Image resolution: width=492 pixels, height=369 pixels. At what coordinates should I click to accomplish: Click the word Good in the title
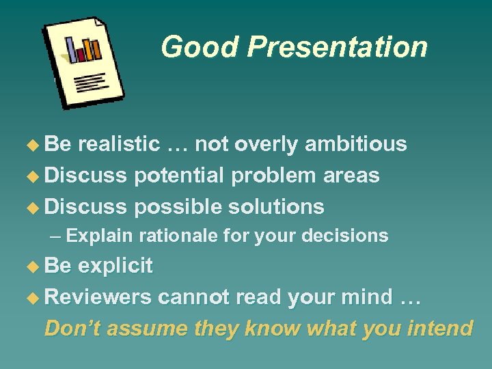point(200,47)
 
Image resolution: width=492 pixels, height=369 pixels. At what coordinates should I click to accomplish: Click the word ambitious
point(355,144)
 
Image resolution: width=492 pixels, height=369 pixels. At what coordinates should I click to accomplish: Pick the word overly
point(265,144)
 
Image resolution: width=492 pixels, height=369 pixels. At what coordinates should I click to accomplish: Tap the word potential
point(180,175)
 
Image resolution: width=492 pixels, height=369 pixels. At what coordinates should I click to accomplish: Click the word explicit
point(115,265)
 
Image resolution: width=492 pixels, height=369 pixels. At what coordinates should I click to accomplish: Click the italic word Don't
point(70,328)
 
